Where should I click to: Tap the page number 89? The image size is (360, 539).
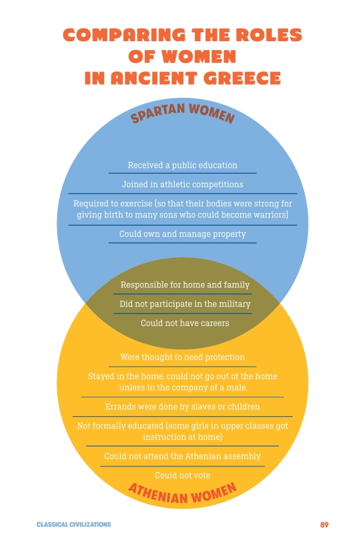coord(324,525)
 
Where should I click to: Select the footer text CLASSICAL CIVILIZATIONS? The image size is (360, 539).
coord(74,525)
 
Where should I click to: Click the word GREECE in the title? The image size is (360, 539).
coord(242,78)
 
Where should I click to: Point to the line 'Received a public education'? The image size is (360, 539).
coord(183,165)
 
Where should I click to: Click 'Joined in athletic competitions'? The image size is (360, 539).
coord(183,185)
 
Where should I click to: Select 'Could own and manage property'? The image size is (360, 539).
coord(183,234)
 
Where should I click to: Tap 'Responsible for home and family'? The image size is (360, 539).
coord(184,285)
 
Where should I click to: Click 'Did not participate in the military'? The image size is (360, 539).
coord(184,304)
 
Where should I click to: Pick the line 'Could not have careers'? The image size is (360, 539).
coord(184,323)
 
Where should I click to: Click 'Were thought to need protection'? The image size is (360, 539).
coord(183,357)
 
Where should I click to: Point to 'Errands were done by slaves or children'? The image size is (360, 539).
coord(183,407)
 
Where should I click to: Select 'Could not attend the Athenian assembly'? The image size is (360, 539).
coord(183,456)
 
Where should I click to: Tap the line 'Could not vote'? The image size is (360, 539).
coord(183,475)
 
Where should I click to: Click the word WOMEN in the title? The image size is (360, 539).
coord(199,57)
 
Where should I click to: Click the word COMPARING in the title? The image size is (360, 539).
coord(124,35)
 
